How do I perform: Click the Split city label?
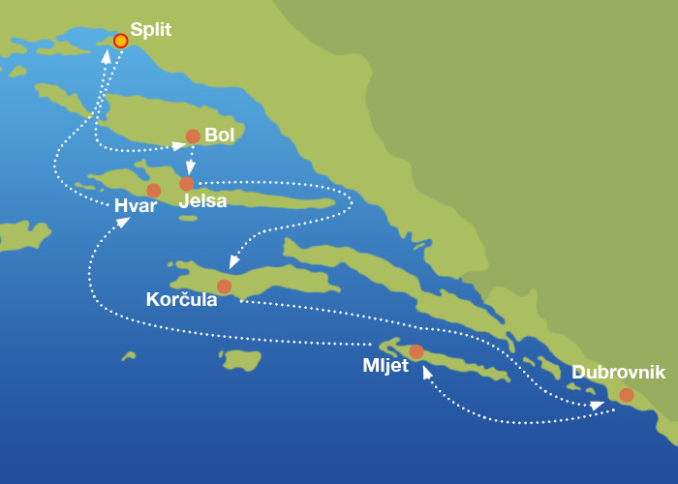150,30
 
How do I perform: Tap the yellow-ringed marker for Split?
120,41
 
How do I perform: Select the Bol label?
220,136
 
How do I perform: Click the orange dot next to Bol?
193,136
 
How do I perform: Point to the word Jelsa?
203,201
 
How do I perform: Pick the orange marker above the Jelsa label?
187,183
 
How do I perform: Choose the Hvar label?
136,206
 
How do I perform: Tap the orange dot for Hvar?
153,191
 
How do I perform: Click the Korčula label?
181,300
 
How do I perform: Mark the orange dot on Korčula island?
224,287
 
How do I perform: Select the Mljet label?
385,366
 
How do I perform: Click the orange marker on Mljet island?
416,351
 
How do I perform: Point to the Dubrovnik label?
618,373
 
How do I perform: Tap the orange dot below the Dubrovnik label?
627,395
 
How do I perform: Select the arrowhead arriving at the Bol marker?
178,146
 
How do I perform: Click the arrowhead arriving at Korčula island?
233,262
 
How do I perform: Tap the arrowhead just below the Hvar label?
123,223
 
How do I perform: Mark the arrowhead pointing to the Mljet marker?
426,372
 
